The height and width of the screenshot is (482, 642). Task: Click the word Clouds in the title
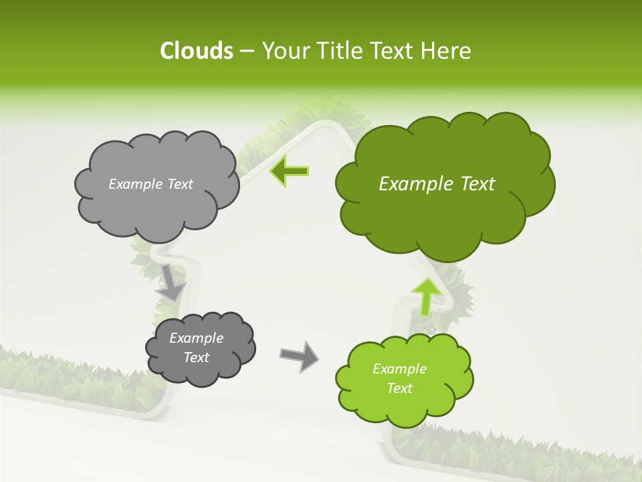(196, 51)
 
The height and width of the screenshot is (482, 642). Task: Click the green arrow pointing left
(289, 171)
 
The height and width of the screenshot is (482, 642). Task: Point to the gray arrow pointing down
(172, 281)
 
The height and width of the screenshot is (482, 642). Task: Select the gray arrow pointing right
(299, 355)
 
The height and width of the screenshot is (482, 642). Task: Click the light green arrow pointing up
(427, 295)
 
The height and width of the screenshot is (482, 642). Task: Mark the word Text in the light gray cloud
(180, 184)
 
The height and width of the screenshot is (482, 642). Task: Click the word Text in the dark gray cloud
(197, 357)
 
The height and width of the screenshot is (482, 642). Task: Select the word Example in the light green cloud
(399, 369)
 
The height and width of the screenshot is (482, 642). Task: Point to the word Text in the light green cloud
(399, 388)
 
